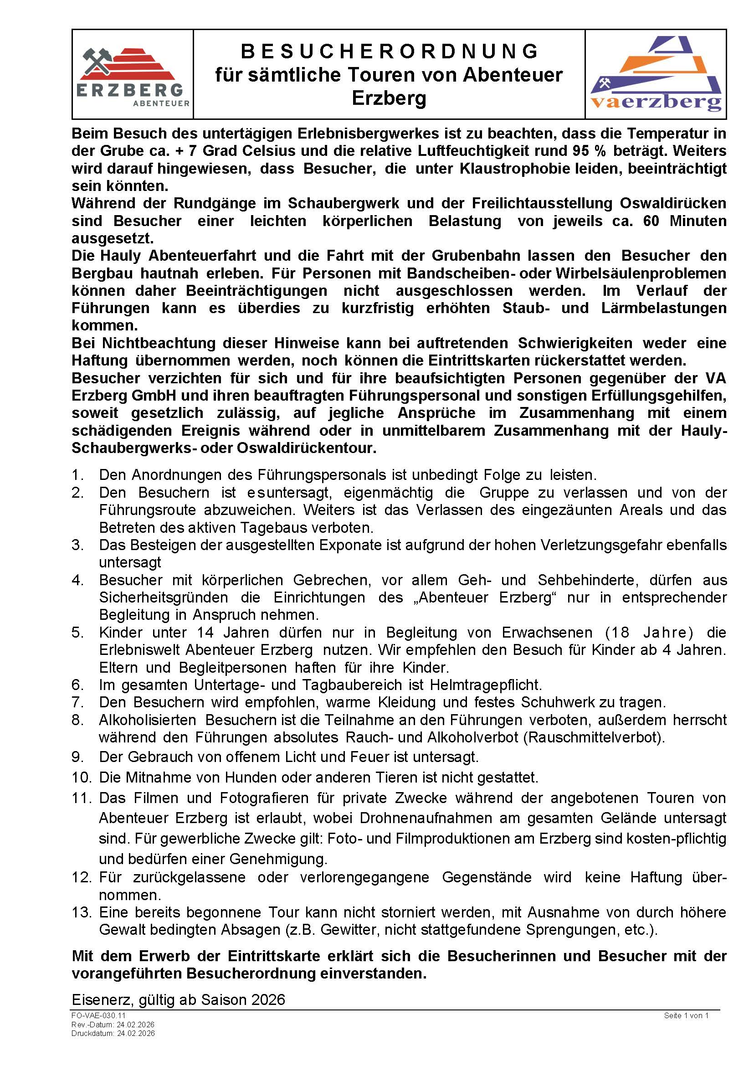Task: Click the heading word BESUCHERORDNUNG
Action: click(x=389, y=51)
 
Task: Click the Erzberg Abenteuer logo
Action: click(x=133, y=74)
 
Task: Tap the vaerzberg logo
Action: click(x=656, y=74)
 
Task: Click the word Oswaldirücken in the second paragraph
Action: click(x=673, y=203)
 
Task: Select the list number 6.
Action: click(x=77, y=685)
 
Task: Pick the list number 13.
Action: click(x=82, y=912)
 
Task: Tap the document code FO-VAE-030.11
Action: click(x=98, y=1015)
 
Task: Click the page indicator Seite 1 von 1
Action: click(x=686, y=1015)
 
